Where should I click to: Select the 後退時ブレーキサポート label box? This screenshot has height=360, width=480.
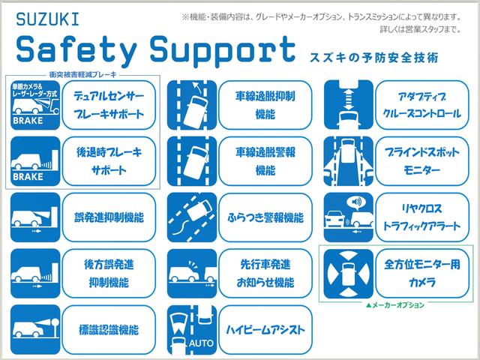[109, 159]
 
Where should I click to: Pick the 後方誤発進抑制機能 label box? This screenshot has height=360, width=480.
[109, 272]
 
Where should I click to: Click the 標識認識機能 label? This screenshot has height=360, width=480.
[109, 328]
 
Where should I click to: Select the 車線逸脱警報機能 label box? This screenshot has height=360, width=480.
[265, 159]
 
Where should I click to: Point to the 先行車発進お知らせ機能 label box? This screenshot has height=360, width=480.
[265, 272]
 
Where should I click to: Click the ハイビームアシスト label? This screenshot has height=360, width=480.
[265, 328]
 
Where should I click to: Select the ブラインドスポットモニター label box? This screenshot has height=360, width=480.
[421, 159]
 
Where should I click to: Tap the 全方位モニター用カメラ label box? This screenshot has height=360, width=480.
[421, 272]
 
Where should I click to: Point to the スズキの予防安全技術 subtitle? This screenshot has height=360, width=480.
[373, 58]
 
